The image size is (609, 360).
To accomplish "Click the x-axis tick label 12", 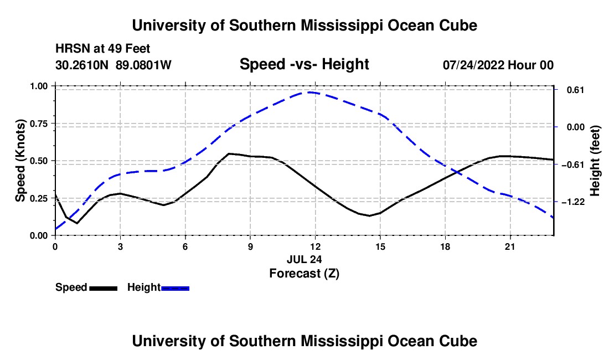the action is tap(316, 246).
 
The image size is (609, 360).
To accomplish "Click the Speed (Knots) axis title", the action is tap(20, 161).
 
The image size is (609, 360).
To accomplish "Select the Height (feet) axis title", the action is tap(595, 161).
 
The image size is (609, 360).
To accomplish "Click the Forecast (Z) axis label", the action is tap(304, 274).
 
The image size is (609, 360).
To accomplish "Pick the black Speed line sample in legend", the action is tap(104, 288).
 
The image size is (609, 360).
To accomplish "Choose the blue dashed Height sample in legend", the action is tap(175, 288).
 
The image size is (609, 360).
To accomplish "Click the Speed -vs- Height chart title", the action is tap(304, 64).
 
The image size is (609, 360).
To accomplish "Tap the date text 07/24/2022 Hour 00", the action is tap(498, 65).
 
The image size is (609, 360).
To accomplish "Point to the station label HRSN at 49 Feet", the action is tap(102, 49).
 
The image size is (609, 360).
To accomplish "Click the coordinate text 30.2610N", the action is tap(82, 65).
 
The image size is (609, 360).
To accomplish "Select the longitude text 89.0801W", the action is tap(143, 65).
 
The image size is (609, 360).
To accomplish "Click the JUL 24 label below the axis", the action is tap(304, 259).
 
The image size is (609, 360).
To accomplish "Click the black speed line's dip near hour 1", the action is tap(77, 223).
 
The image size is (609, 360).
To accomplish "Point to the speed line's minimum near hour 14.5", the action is tap(369, 216).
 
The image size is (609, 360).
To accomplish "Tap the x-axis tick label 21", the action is tap(510, 246).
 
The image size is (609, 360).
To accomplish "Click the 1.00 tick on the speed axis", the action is tap(39, 86).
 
